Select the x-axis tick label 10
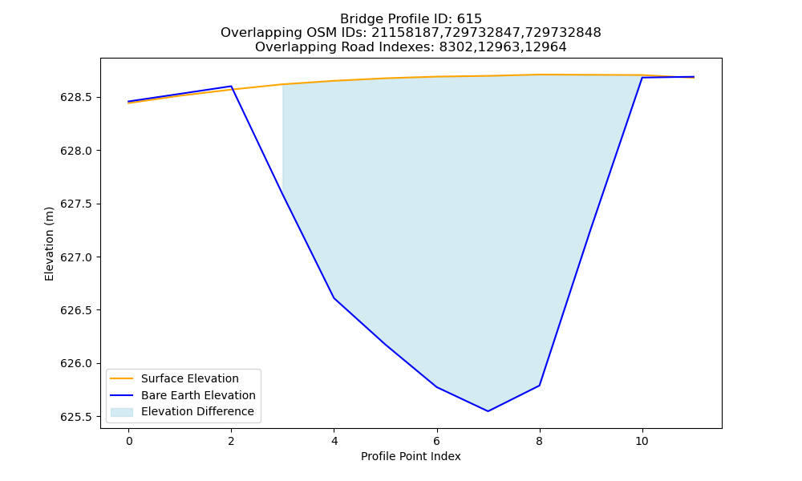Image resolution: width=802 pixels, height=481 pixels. (x=642, y=441)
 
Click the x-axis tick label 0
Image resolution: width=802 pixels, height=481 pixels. (x=129, y=441)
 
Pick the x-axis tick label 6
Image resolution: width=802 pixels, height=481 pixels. (x=437, y=441)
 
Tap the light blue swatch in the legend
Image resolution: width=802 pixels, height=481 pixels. (x=122, y=412)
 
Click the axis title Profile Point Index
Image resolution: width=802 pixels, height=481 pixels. (x=411, y=456)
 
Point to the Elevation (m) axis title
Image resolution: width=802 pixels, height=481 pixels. (x=49, y=244)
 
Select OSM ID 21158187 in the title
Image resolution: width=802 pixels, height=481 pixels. (x=403, y=33)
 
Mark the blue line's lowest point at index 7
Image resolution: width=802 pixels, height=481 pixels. (x=488, y=411)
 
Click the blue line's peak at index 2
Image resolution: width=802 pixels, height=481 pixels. (x=231, y=87)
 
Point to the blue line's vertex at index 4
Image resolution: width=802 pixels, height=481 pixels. (x=334, y=298)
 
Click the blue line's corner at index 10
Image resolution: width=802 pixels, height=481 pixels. (x=642, y=78)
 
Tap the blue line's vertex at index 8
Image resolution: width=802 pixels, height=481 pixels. (x=539, y=386)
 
